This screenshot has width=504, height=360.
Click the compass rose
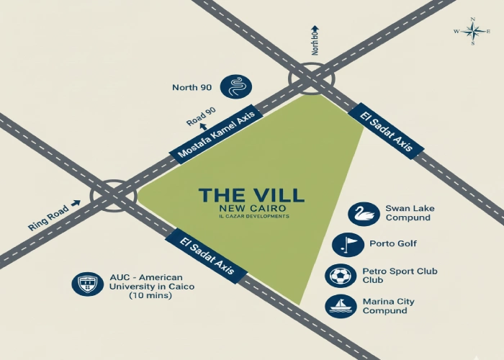472,31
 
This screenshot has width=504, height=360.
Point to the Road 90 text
201,116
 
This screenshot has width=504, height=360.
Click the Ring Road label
48,217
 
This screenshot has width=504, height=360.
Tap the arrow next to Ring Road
76,203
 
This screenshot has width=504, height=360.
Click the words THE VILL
251,195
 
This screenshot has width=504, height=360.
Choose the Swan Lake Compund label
409,213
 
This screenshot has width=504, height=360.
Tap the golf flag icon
345,244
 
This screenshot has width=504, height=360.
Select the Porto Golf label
393,244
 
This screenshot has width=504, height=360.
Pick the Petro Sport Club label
400,276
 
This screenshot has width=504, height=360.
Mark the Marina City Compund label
388,306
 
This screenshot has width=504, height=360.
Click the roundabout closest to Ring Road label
113,194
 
